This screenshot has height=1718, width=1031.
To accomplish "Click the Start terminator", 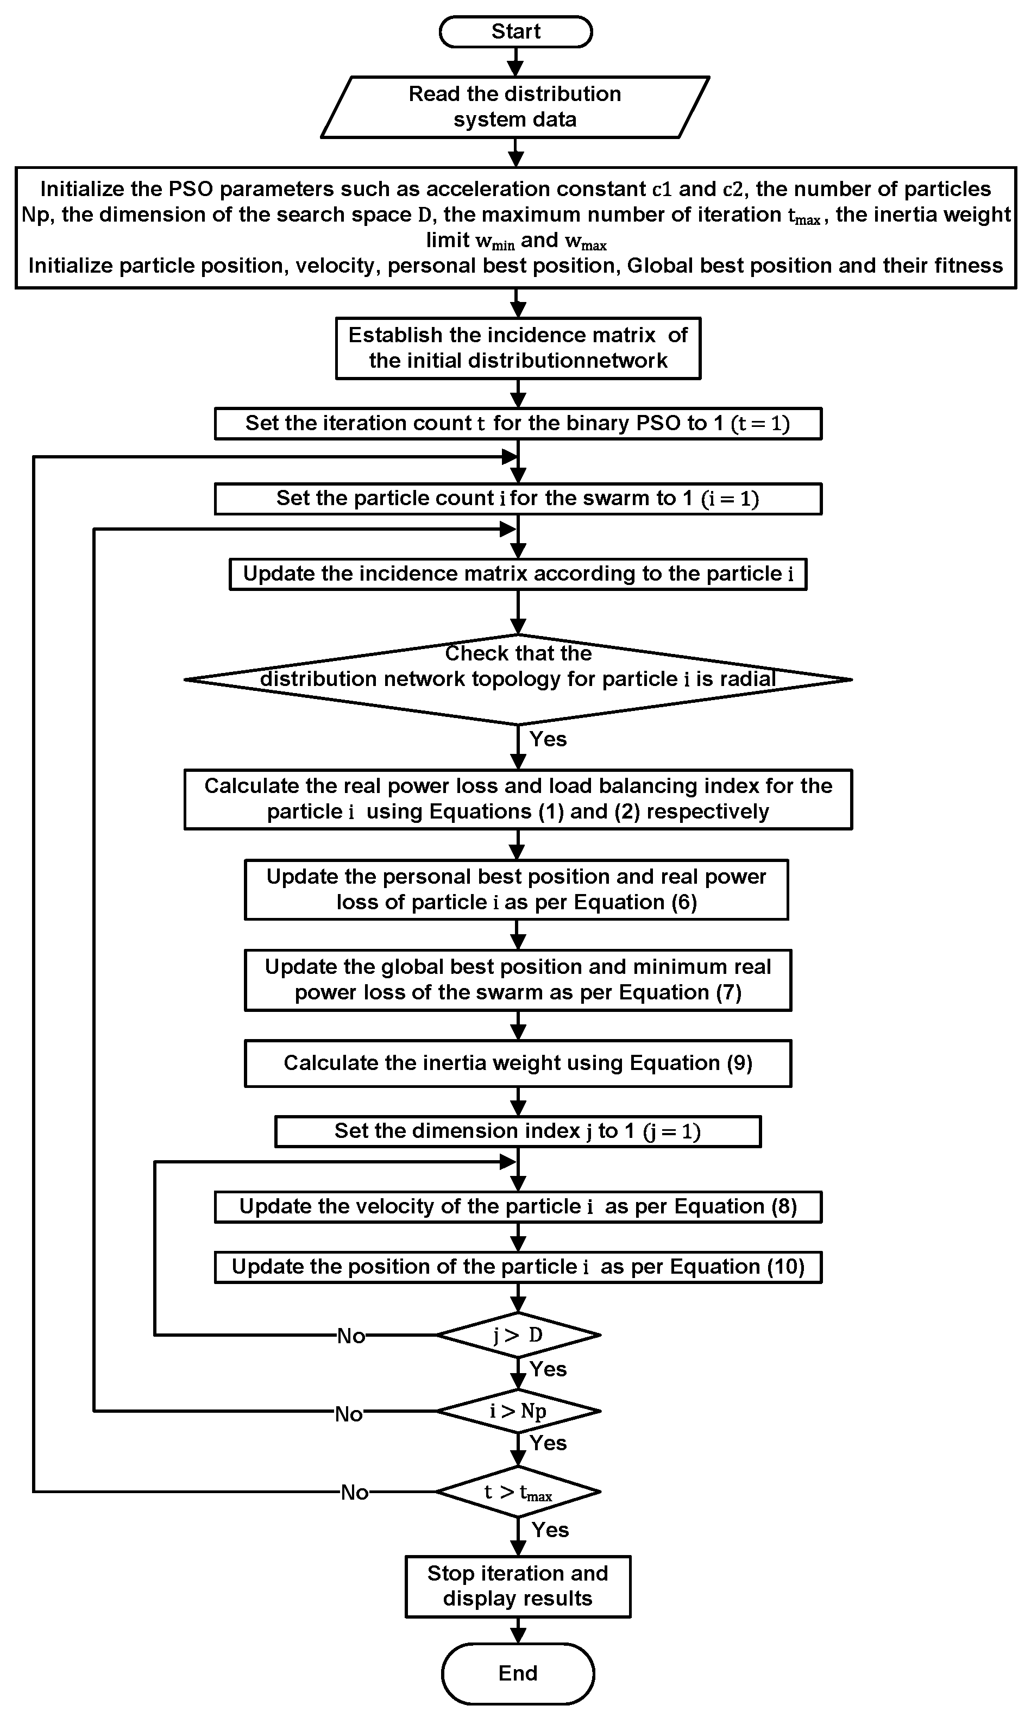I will coord(515,32).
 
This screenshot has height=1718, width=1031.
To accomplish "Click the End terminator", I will coord(518,1673).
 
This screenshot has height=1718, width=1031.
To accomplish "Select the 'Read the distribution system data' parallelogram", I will coord(515,107).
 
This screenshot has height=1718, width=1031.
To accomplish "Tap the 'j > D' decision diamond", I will coord(518,1335).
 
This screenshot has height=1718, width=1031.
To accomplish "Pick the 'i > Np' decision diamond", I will coord(518,1411).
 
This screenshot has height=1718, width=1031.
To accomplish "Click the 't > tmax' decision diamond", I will coord(518,1492).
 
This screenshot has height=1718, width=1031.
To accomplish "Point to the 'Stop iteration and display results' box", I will coord(518,1586).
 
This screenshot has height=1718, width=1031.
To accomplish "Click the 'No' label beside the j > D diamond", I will coord(351,1336).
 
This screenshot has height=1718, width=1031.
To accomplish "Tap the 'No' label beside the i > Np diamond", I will coord(349,1414).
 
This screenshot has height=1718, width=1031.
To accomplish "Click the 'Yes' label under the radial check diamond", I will coord(548,739).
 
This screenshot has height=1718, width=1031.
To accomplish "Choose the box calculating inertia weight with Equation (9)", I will coord(518,1063).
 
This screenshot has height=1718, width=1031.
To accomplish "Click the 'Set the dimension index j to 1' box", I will coord(518,1131).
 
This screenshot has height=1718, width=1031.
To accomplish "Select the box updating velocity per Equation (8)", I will coord(518,1207).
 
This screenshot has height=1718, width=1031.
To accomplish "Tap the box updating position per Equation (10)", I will coord(518,1267).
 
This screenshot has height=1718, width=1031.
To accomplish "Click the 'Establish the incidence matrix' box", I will coord(518,348).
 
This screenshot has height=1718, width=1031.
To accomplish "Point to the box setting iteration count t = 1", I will coord(518,424).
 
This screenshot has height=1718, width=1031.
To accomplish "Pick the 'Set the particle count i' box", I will coord(518,499).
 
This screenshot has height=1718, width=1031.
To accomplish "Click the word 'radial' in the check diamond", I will coord(747,679).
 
